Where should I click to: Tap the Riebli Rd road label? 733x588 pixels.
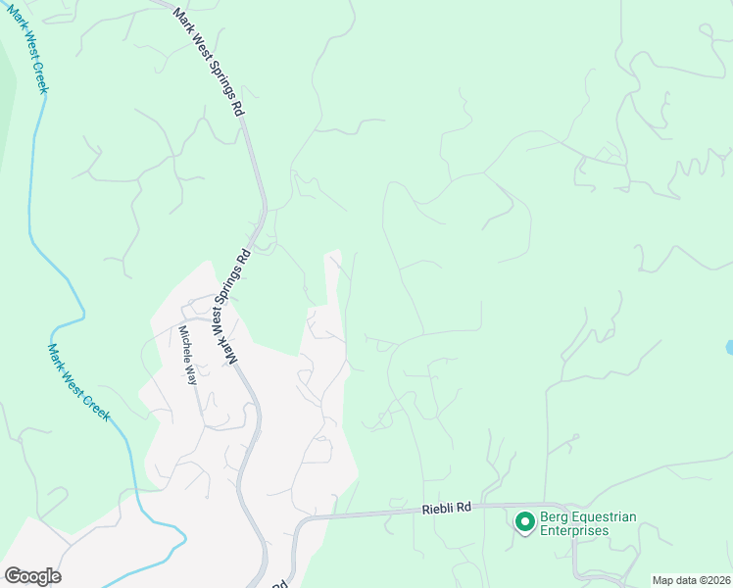coord(448,509)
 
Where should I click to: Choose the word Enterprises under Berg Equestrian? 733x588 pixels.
coord(574,531)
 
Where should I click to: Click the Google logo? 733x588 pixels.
coord(32,576)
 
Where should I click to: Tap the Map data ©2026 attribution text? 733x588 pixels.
coord(691,580)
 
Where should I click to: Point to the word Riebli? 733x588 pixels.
coord(439,509)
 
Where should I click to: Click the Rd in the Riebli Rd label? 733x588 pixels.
coord(464,509)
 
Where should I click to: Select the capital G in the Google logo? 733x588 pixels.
coord(13,576)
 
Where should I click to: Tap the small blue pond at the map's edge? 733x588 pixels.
coord(729,347)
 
